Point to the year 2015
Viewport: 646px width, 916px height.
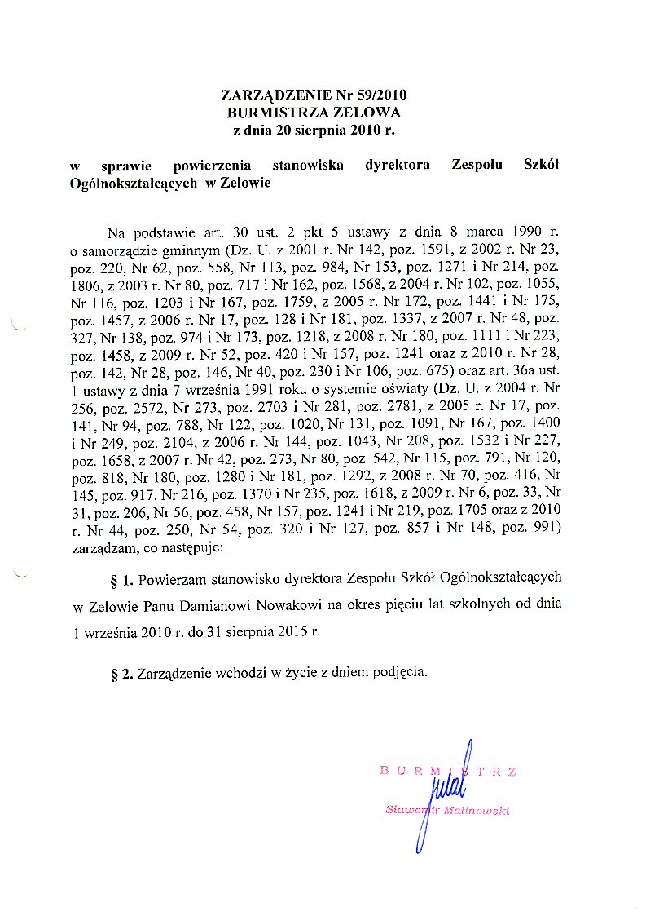[x=286, y=631]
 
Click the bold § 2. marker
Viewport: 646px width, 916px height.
[x=121, y=674]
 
